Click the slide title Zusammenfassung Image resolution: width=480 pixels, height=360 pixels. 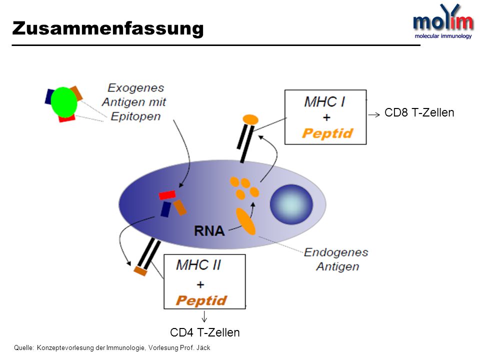(108, 29)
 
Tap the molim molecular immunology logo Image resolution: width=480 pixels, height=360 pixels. (443, 21)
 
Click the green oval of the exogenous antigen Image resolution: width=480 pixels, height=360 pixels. (63, 102)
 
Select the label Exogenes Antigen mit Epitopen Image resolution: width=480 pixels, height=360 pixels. (134, 102)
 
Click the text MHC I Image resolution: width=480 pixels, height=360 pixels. (324, 101)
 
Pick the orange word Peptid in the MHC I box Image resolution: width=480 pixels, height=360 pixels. (327, 133)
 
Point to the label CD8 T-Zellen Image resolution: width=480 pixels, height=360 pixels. (419, 112)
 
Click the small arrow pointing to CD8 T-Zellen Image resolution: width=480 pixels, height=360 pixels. (374, 115)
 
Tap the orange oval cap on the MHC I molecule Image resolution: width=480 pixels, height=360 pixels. (250, 119)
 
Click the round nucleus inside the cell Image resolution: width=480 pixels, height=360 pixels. (291, 204)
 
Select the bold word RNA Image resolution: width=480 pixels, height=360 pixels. (209, 231)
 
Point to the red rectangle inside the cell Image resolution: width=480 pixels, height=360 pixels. (167, 195)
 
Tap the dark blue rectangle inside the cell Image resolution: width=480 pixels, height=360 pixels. (165, 209)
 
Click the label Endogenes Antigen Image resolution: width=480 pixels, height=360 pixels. (336, 259)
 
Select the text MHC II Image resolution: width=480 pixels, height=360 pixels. (198, 265)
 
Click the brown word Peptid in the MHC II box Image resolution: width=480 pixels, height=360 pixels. (201, 300)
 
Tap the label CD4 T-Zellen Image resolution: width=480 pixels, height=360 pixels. (205, 332)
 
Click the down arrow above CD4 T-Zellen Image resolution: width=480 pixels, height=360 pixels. (204, 316)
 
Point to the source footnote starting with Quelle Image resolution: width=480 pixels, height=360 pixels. (112, 348)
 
